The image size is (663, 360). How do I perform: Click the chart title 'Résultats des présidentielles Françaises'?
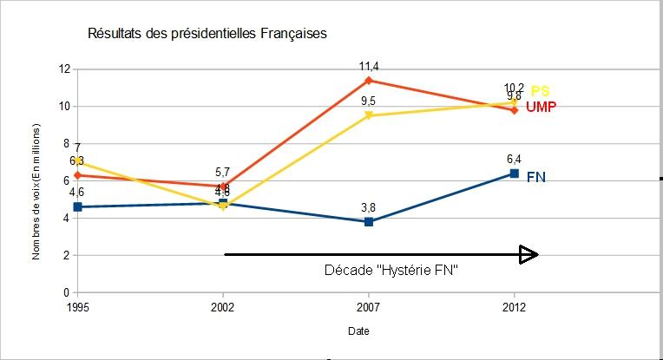[207, 34]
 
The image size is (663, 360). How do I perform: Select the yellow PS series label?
[540, 91]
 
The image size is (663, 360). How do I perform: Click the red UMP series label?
[541, 107]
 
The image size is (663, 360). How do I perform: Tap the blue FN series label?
[536, 177]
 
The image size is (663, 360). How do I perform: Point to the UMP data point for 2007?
[369, 81]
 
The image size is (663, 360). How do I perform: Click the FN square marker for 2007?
[369, 222]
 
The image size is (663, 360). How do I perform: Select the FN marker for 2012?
[514, 173]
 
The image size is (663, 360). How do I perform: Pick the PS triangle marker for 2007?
[369, 115]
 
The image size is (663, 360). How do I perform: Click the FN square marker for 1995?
[78, 207]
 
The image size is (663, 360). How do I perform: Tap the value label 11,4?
[369, 66]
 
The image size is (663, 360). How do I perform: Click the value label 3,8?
[369, 207]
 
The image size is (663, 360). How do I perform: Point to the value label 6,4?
[514, 159]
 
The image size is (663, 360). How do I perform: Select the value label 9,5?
[369, 101]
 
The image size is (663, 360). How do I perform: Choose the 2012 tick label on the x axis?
[514, 306]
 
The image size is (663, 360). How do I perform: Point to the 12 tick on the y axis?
[63, 69]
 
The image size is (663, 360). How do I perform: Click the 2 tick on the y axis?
[66, 256]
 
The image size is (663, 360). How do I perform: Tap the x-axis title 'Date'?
[358, 331]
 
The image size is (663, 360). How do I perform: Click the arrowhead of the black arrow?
[528, 254]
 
